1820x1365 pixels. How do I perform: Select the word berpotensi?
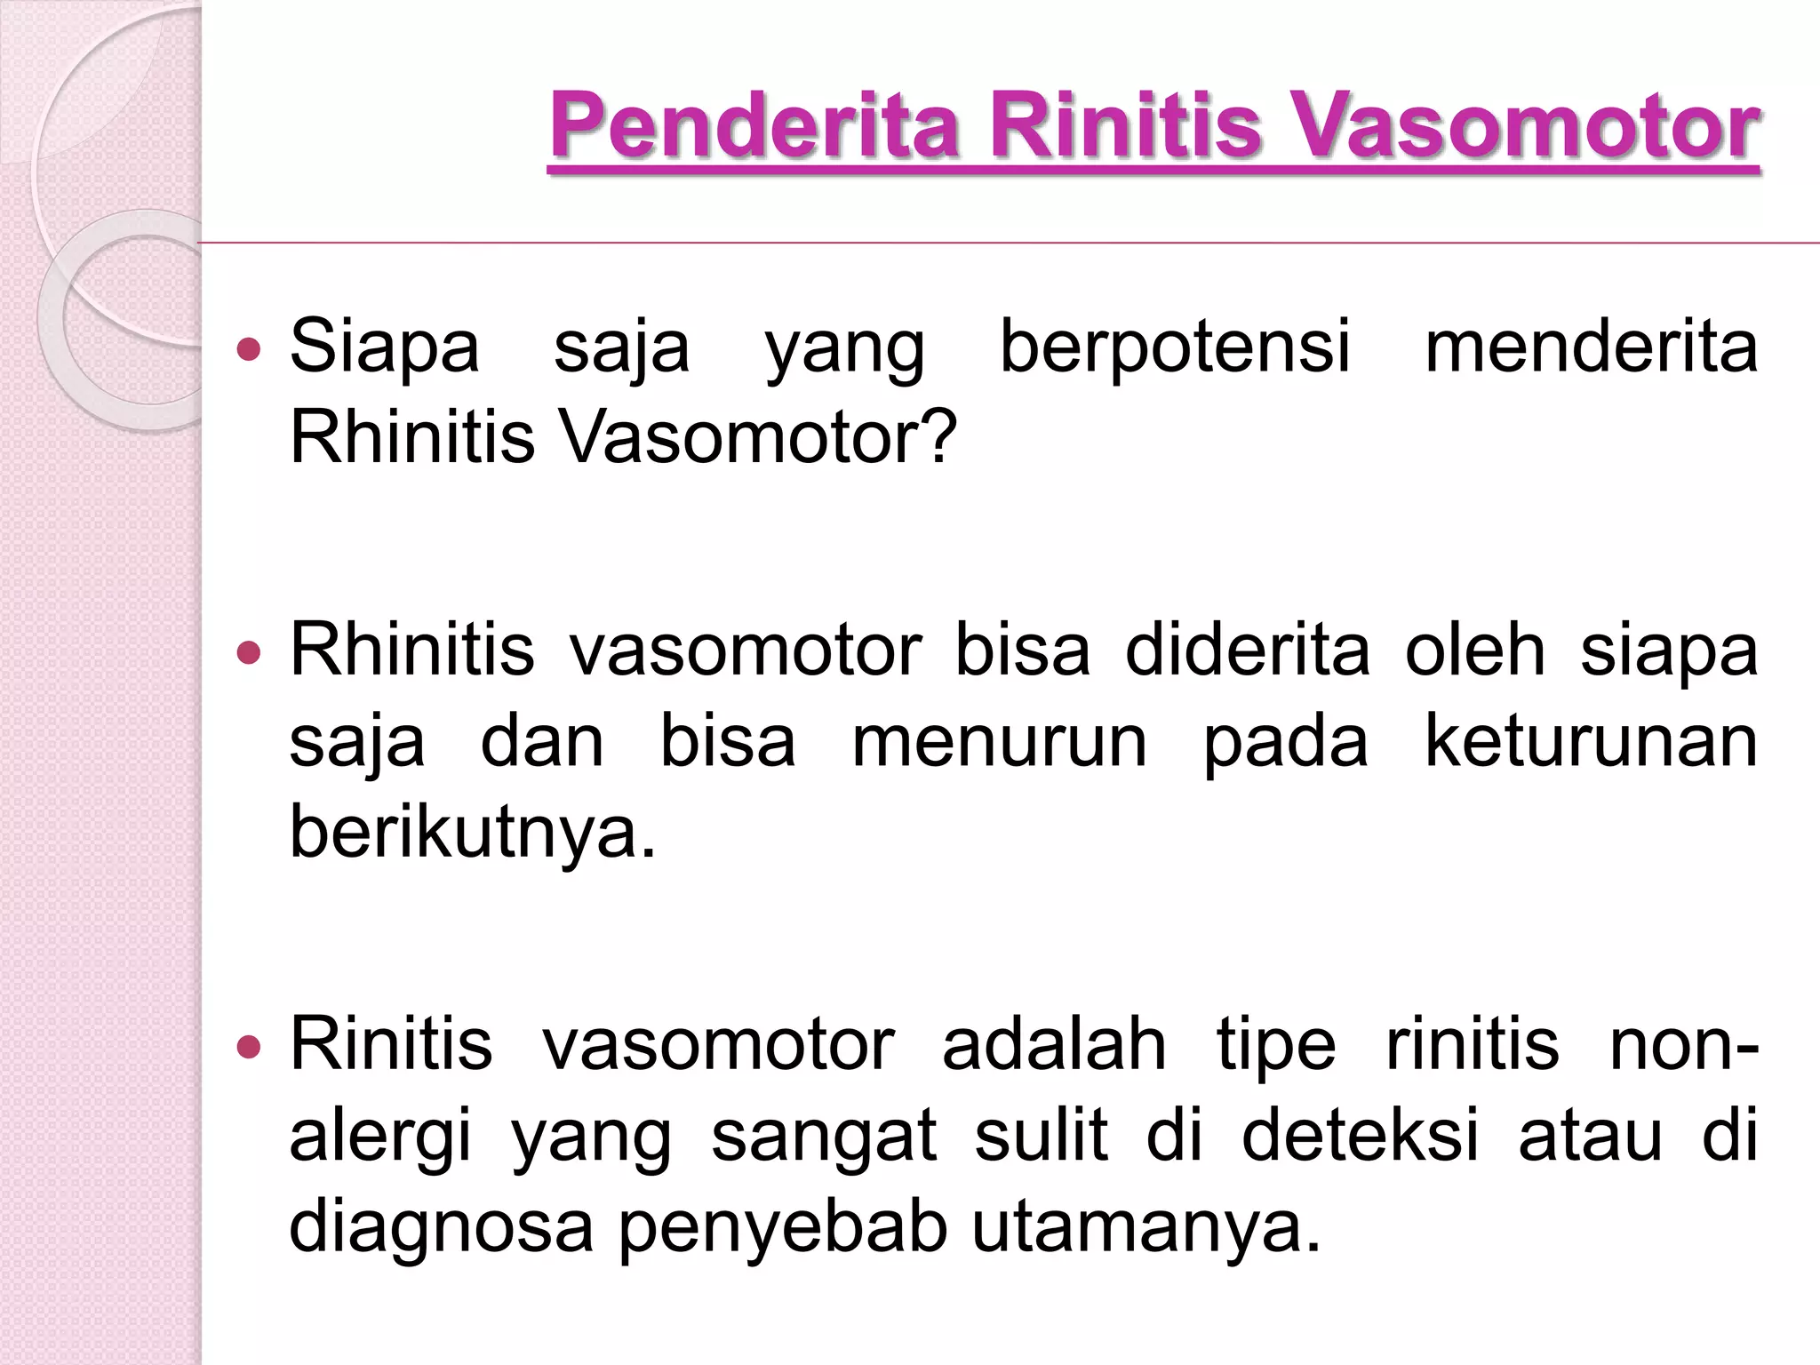[x=1175, y=347]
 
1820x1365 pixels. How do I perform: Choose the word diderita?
[x=1248, y=651]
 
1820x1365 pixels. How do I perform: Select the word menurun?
[x=1000, y=742]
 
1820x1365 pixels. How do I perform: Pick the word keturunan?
[x=1591, y=742]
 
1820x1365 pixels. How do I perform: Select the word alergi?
[x=379, y=1138]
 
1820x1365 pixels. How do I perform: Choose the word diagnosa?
[x=441, y=1229]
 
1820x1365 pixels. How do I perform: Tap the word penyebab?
[x=782, y=1229]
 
